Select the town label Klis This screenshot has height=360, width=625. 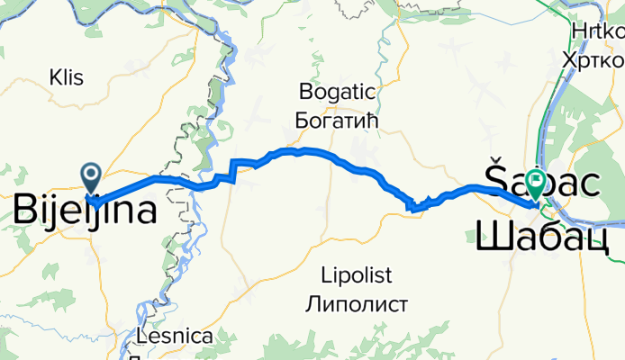point(68,77)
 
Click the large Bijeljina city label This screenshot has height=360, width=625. point(83,211)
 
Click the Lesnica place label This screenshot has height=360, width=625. point(177,337)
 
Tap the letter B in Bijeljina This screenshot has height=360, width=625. point(25,211)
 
